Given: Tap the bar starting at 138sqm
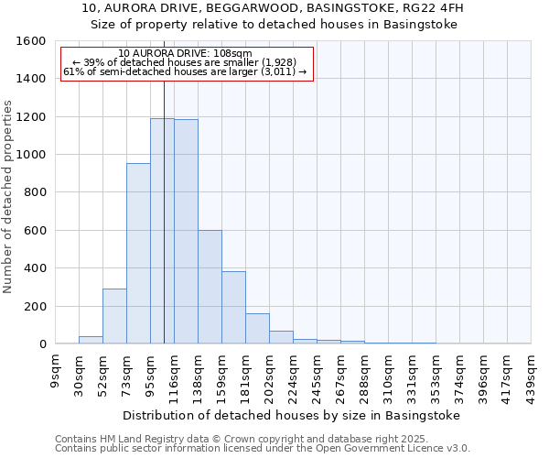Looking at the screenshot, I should pyautogui.click(x=210, y=287).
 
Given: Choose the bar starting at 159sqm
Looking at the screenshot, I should pyautogui.click(x=233, y=308).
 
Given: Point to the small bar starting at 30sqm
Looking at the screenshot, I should pyautogui.click(x=91, y=340).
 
